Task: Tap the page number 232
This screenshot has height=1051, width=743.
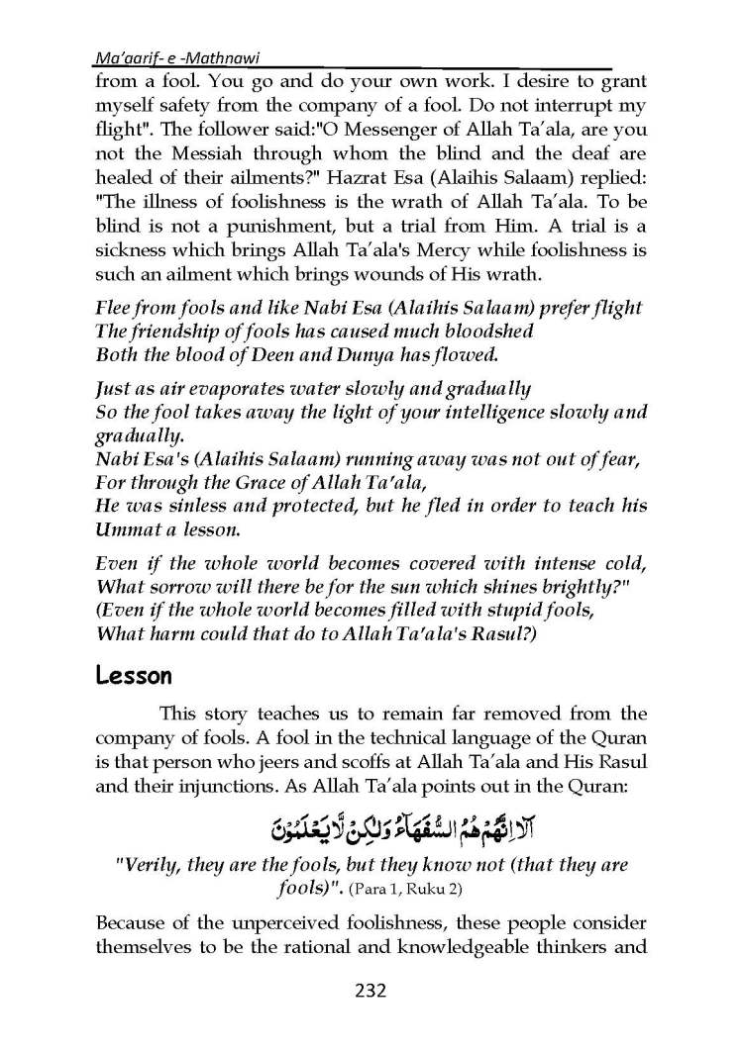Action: pyautogui.click(x=371, y=991)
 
